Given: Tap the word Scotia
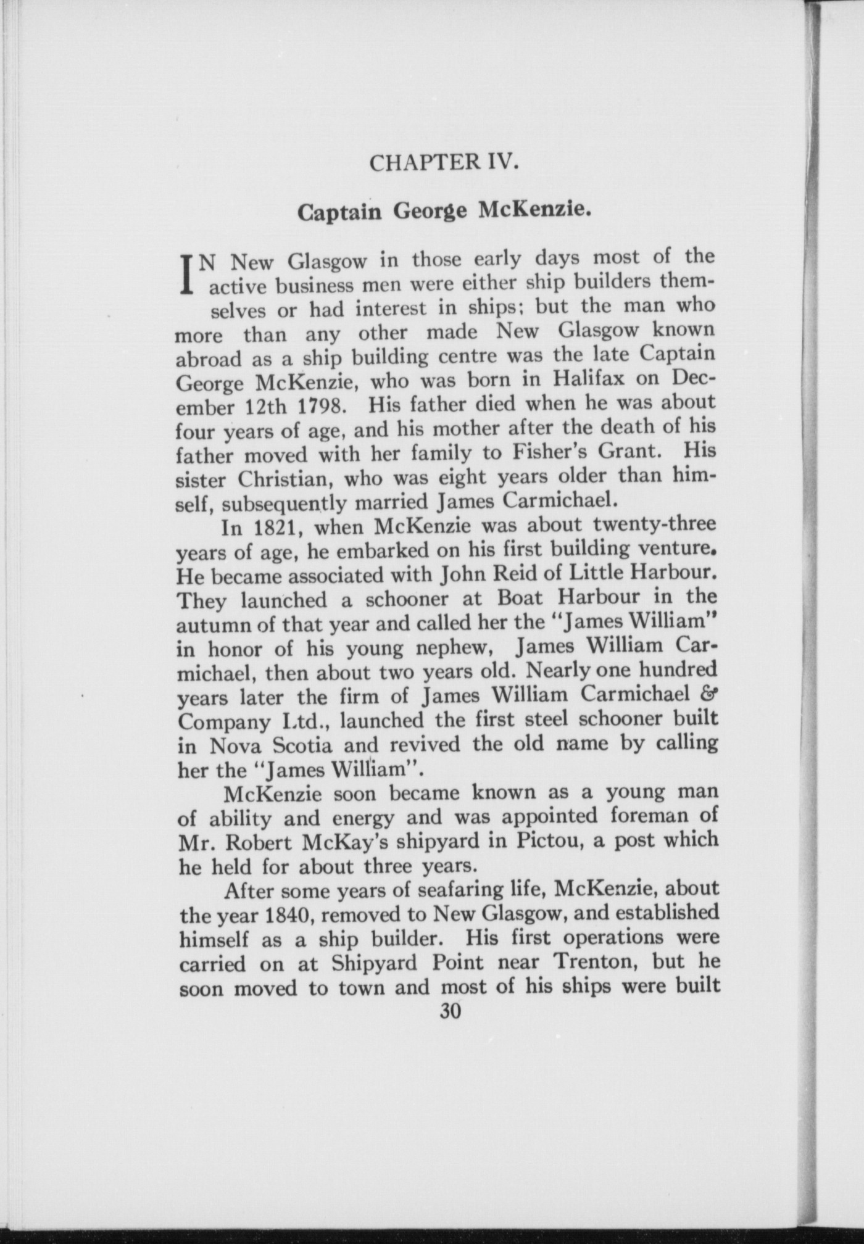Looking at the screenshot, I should point(302,745).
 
